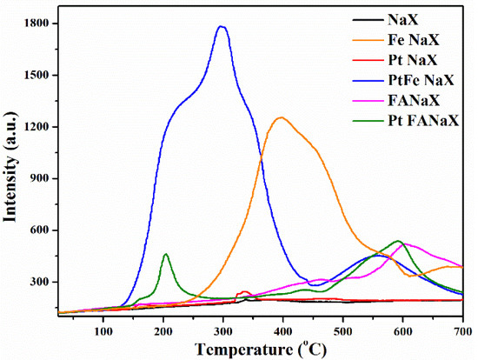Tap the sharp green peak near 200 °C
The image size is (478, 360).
click(x=165, y=254)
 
